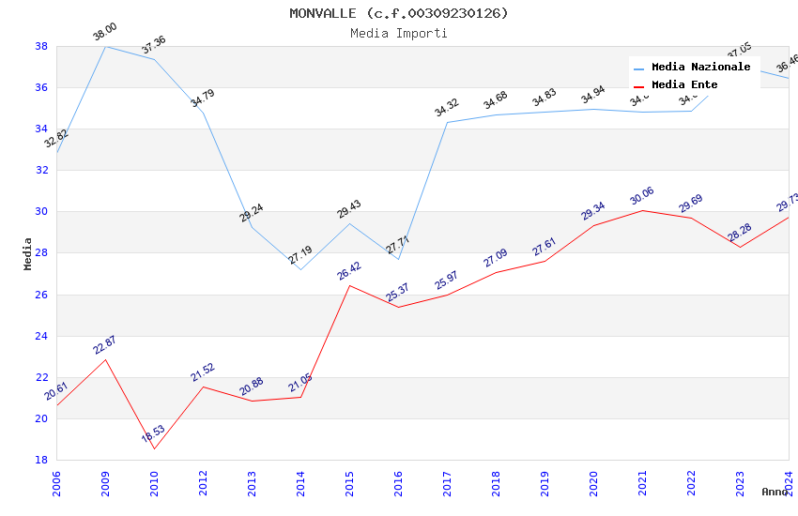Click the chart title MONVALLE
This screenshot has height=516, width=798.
pos(398,13)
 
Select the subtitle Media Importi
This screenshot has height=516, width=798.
pos(398,33)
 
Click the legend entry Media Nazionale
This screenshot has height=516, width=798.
pos(700,67)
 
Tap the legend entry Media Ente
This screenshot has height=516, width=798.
pos(684,84)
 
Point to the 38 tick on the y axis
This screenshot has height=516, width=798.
pos(41,46)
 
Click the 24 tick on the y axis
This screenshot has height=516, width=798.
pos(41,336)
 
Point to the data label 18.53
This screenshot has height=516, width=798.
pos(153,434)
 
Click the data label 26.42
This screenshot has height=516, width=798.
pos(348,270)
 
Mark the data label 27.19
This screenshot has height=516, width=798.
pos(300,254)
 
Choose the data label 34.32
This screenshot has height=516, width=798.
pos(447,108)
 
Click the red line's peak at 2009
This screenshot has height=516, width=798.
pos(105,359)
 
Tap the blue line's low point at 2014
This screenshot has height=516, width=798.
pos(300,269)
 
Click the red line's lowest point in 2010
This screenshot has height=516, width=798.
pos(154,448)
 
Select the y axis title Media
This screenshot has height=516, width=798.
pos(28,253)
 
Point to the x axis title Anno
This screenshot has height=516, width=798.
pos(775,492)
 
